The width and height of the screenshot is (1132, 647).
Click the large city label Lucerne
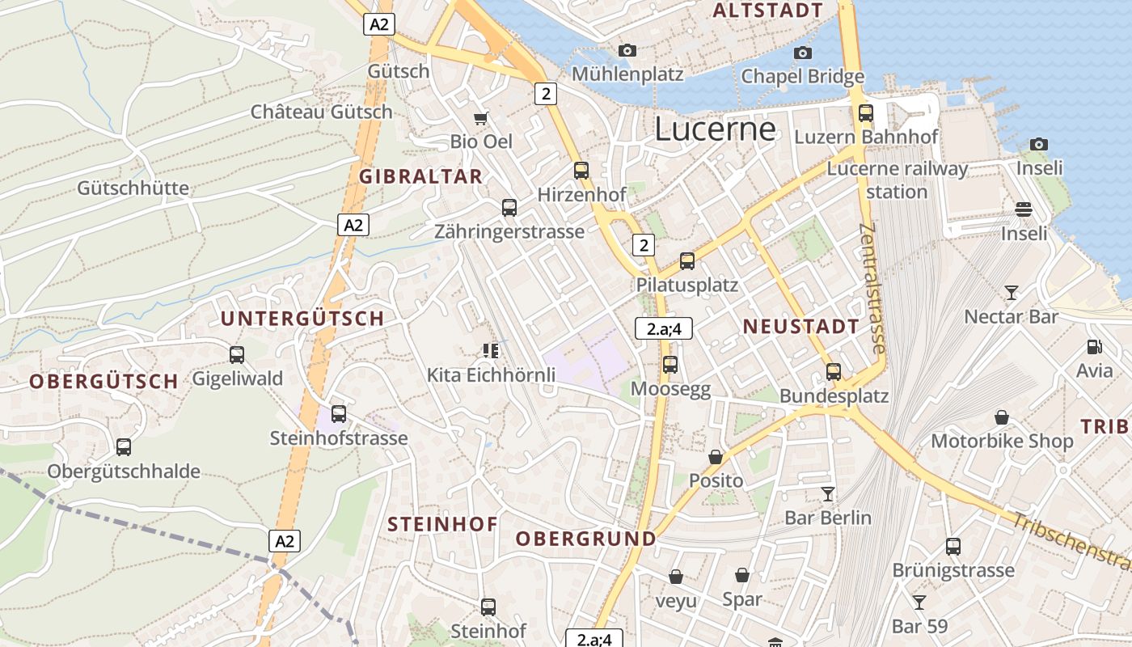coord(715,129)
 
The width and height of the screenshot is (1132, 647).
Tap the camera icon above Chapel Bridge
coord(803,53)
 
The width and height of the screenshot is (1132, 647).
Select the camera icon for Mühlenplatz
coord(627,51)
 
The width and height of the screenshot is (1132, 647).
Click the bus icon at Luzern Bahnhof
coord(866,113)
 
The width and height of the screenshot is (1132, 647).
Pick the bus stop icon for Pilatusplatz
coord(687,261)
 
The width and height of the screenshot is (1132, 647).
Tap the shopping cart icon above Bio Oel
coord(481,118)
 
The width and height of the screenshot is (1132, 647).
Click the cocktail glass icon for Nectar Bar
coord(1011,292)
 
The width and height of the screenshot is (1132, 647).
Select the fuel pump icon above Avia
coord(1095,347)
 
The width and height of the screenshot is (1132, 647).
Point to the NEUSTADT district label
coord(801,327)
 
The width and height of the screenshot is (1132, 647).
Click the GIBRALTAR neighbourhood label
coord(420,176)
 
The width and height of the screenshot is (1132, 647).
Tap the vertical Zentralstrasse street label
coord(872,288)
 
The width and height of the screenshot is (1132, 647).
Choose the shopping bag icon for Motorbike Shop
coord(1002,417)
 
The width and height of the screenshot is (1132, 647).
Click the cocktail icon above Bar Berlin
coord(828,493)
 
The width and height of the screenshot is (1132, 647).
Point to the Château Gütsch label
coord(321,112)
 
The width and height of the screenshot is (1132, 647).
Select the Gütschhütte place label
coord(133,188)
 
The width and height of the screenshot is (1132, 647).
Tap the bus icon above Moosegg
coord(670,365)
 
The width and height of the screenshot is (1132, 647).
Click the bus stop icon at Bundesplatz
coord(834,372)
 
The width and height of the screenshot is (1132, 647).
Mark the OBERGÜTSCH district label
coord(103,381)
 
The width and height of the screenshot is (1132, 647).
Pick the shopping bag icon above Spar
coord(742,575)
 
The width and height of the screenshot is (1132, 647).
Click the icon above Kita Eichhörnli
coord(491,350)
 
